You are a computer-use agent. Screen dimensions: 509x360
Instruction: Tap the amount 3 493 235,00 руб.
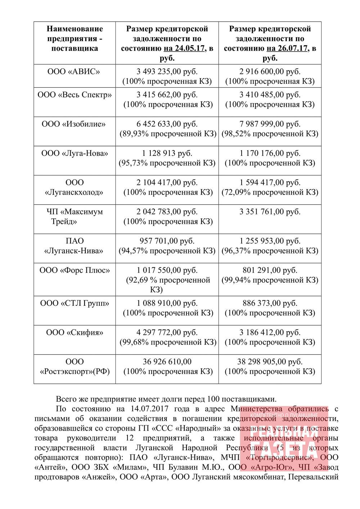point(167,71)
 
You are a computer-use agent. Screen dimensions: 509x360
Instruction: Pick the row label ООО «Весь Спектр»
point(75,95)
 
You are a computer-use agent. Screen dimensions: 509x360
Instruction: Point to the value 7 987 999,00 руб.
point(270,124)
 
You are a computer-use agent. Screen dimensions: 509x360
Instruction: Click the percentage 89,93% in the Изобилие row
point(134,134)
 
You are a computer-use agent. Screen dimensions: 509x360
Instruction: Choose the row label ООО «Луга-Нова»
point(75,154)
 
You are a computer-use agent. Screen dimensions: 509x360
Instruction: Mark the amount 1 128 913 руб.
point(167,154)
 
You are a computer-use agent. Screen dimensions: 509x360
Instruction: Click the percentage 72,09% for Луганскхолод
point(236,192)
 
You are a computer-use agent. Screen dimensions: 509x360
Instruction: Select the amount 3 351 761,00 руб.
point(270,212)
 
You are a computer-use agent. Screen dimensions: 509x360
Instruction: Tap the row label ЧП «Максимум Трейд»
point(75,216)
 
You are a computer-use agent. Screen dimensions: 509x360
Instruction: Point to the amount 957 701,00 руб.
point(167,241)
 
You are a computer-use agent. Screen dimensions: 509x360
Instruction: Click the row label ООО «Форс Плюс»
point(75,270)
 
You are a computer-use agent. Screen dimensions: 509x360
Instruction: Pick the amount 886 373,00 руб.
point(270,303)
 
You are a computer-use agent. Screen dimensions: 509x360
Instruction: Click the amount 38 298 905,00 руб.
point(270,362)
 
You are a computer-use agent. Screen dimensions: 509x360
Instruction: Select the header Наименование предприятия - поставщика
point(75,38)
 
